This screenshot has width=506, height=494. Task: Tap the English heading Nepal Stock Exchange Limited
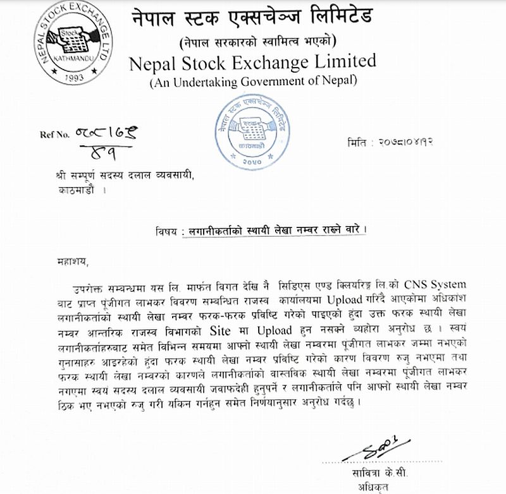click(253, 62)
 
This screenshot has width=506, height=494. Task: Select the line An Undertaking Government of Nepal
click(253, 80)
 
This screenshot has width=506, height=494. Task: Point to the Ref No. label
click(52, 134)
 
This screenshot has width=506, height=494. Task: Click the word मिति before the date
click(361, 142)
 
